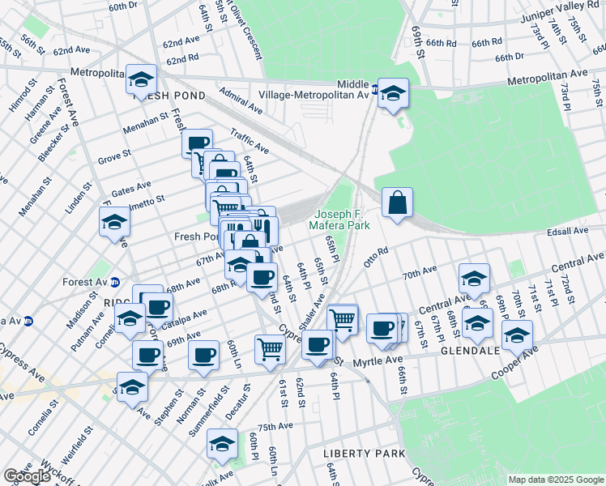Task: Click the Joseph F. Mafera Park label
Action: click(343, 220)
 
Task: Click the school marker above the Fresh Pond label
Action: click(141, 81)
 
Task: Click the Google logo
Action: click(26, 476)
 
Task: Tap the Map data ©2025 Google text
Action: click(555, 480)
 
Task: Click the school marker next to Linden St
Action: click(114, 222)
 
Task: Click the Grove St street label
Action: click(115, 155)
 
